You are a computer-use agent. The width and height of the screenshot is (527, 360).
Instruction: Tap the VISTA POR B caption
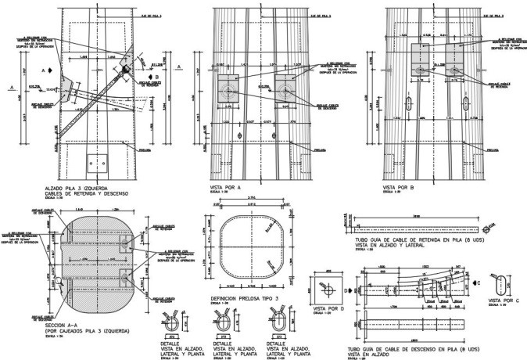tap(398, 188)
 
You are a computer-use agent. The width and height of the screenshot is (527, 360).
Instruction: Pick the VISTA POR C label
tap(504, 300)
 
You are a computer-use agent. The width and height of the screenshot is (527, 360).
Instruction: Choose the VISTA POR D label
tap(324, 311)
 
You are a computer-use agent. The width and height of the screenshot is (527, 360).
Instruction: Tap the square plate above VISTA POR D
tap(324, 286)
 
